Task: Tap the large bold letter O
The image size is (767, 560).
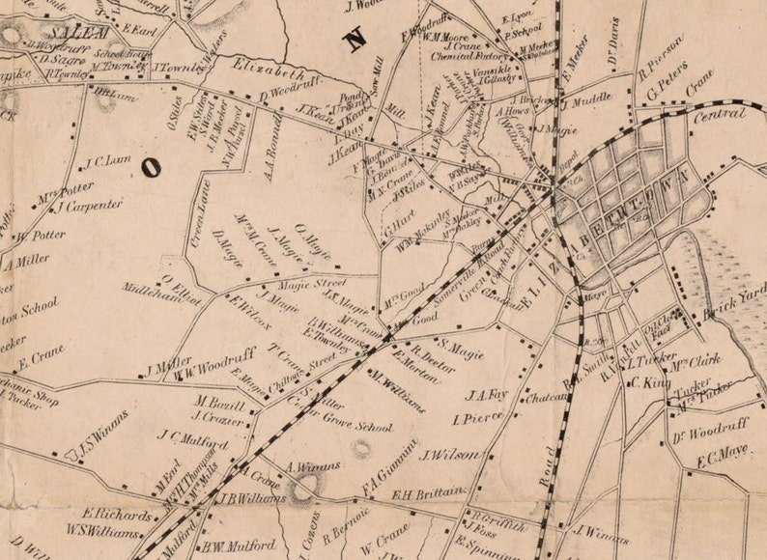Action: (151, 167)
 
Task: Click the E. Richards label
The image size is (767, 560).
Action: (117, 515)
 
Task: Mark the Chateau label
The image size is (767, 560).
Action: (546, 396)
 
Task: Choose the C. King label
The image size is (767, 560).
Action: (650, 382)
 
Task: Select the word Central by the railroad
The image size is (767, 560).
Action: (720, 116)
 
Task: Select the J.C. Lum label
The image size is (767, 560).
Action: (108, 162)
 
